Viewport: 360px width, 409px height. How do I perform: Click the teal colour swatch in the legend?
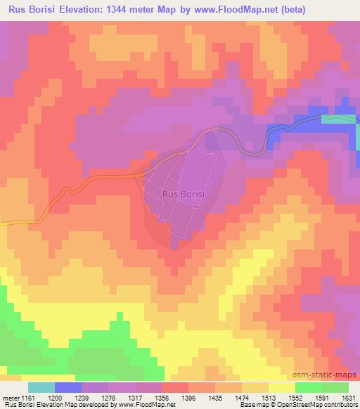pyautogui.click(x=41, y=387)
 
